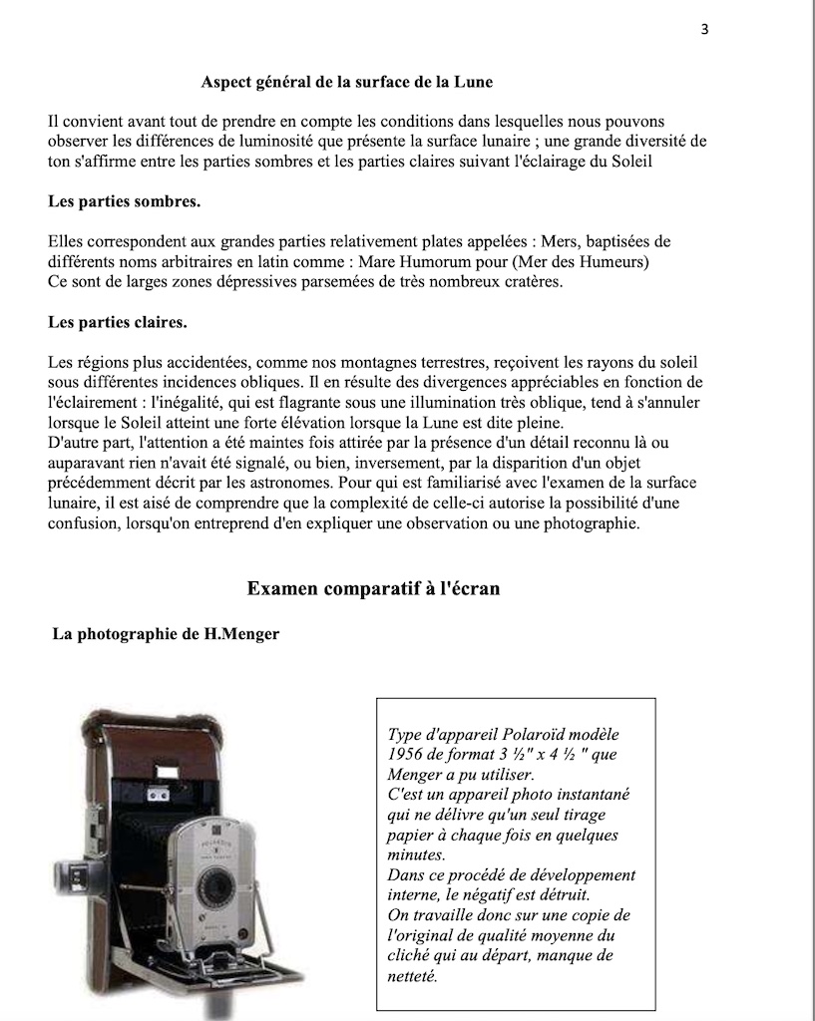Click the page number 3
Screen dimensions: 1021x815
[704, 29]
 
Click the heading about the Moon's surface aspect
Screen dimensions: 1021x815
[346, 81]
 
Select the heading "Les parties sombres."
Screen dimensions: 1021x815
[124, 201]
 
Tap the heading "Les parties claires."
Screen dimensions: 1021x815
[118, 322]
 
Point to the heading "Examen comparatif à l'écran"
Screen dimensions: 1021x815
[373, 589]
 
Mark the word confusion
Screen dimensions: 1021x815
[88, 522]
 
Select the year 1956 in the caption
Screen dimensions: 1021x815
[407, 754]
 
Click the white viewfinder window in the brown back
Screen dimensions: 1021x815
[158, 795]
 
